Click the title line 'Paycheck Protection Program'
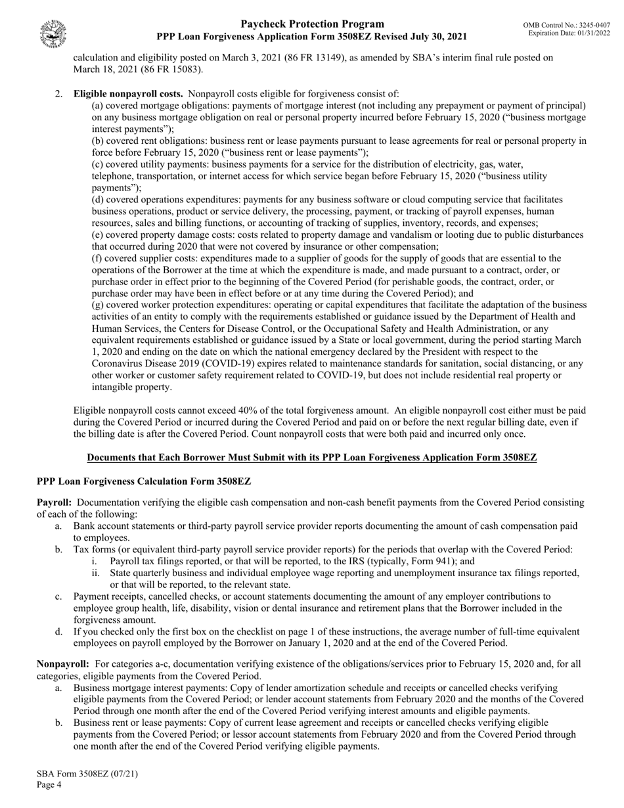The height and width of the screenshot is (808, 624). [x=312, y=24]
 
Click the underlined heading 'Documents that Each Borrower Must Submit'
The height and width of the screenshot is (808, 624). [x=312, y=457]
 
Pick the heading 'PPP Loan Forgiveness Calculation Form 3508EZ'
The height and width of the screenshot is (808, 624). [x=144, y=481]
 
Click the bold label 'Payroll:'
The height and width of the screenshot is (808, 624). [x=54, y=503]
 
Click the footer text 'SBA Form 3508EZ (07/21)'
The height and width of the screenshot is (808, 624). [x=87, y=773]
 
